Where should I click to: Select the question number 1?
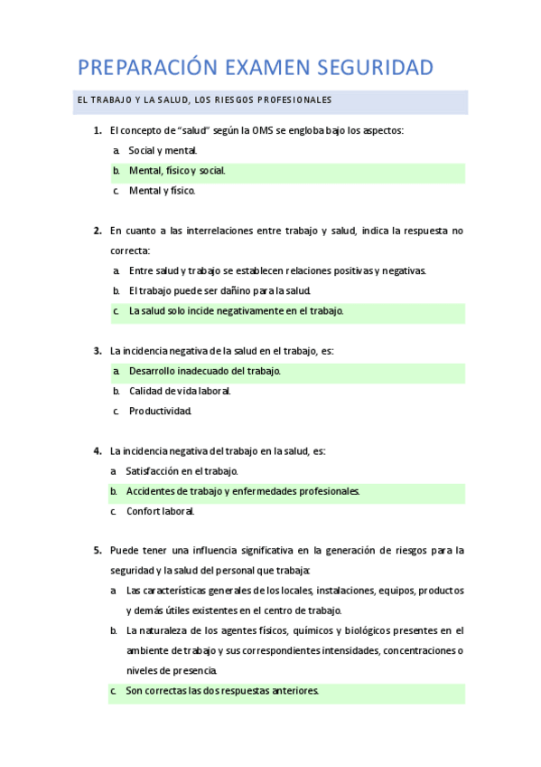[x=97, y=130]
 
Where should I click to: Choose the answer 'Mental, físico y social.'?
[x=177, y=170]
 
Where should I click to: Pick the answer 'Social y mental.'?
[x=163, y=150]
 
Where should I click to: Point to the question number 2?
[x=97, y=231]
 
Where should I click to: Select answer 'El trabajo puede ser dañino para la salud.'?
[x=219, y=290]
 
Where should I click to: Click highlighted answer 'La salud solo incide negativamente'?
[x=236, y=310]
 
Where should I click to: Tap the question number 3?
[x=97, y=350]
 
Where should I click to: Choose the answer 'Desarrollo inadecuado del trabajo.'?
[x=205, y=371]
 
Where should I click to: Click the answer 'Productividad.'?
[x=161, y=411]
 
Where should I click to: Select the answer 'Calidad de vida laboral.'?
[x=180, y=391]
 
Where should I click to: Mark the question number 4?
[x=97, y=450]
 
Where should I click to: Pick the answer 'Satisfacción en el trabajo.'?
[x=182, y=470]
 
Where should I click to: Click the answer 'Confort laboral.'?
[x=161, y=511]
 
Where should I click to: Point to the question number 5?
[x=97, y=550]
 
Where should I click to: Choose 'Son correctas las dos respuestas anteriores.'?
[x=222, y=691]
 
